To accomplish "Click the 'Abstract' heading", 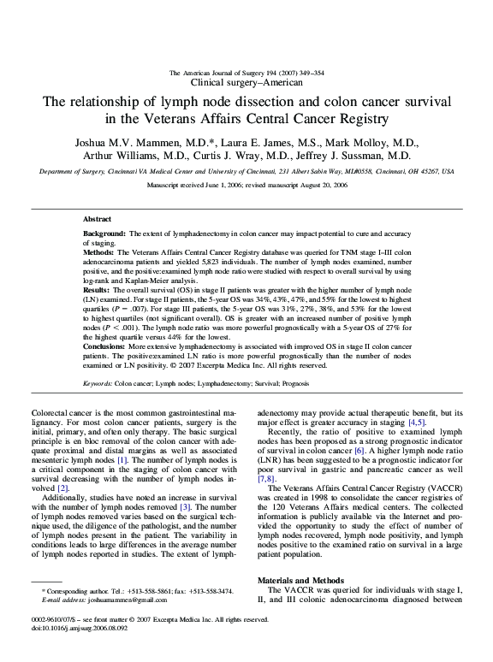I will coord(97,220).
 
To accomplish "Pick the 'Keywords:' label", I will coord(99,383).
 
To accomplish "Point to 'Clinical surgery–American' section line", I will coord(246,83).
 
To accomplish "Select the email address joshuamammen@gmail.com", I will coord(118,624).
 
